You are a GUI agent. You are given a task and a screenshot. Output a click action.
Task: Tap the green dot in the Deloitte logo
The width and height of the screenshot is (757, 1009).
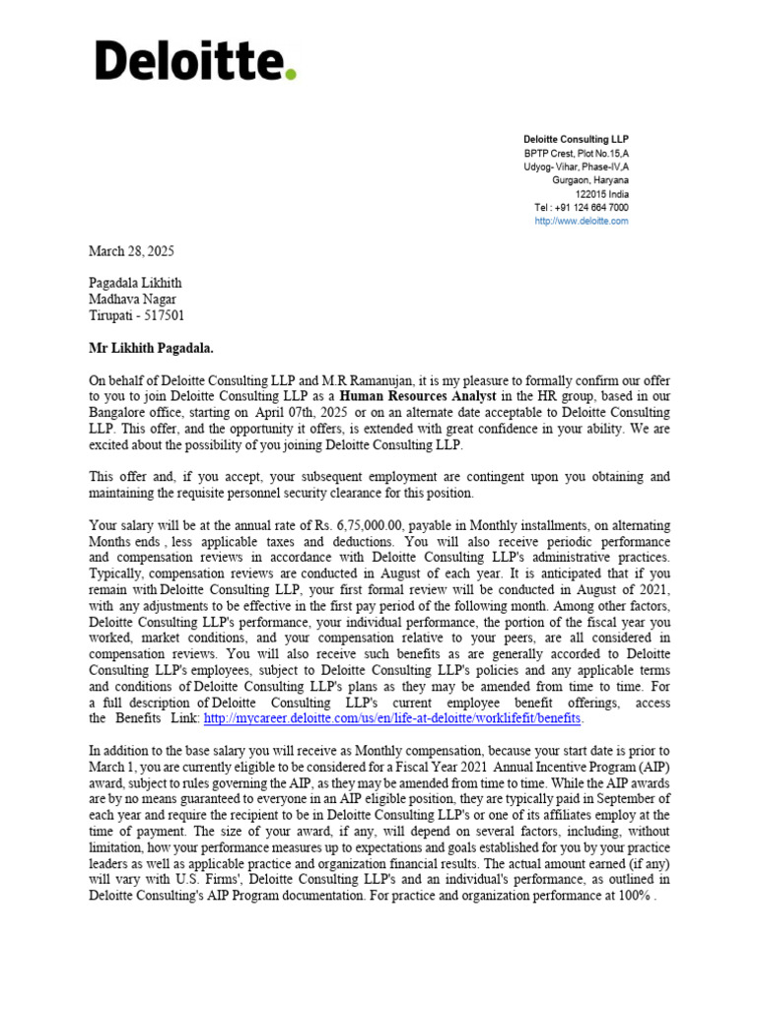click(x=290, y=74)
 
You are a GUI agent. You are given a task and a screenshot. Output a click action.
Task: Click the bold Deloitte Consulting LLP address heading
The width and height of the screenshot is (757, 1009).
click(x=575, y=140)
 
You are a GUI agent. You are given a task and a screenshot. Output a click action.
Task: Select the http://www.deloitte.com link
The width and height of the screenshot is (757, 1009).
click(x=581, y=222)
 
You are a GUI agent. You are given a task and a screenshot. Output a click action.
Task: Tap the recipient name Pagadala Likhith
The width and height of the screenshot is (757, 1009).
click(x=136, y=283)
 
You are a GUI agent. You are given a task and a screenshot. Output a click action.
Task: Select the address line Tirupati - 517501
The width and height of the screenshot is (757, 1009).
click(x=136, y=315)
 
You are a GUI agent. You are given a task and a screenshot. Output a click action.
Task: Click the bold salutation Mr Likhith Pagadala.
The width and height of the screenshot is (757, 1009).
click(x=151, y=348)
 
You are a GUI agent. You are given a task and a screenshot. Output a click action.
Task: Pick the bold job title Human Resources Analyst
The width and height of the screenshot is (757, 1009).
click(x=418, y=396)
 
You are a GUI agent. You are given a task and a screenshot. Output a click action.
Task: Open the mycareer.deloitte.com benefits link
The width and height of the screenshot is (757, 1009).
click(x=392, y=719)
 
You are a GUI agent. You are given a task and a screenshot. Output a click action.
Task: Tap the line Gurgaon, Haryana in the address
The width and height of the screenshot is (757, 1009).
click(x=589, y=180)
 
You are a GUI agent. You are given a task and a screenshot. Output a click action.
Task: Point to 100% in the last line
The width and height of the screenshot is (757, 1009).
click(x=631, y=896)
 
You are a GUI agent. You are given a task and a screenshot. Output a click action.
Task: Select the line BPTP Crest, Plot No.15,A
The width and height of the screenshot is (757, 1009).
click(x=576, y=154)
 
